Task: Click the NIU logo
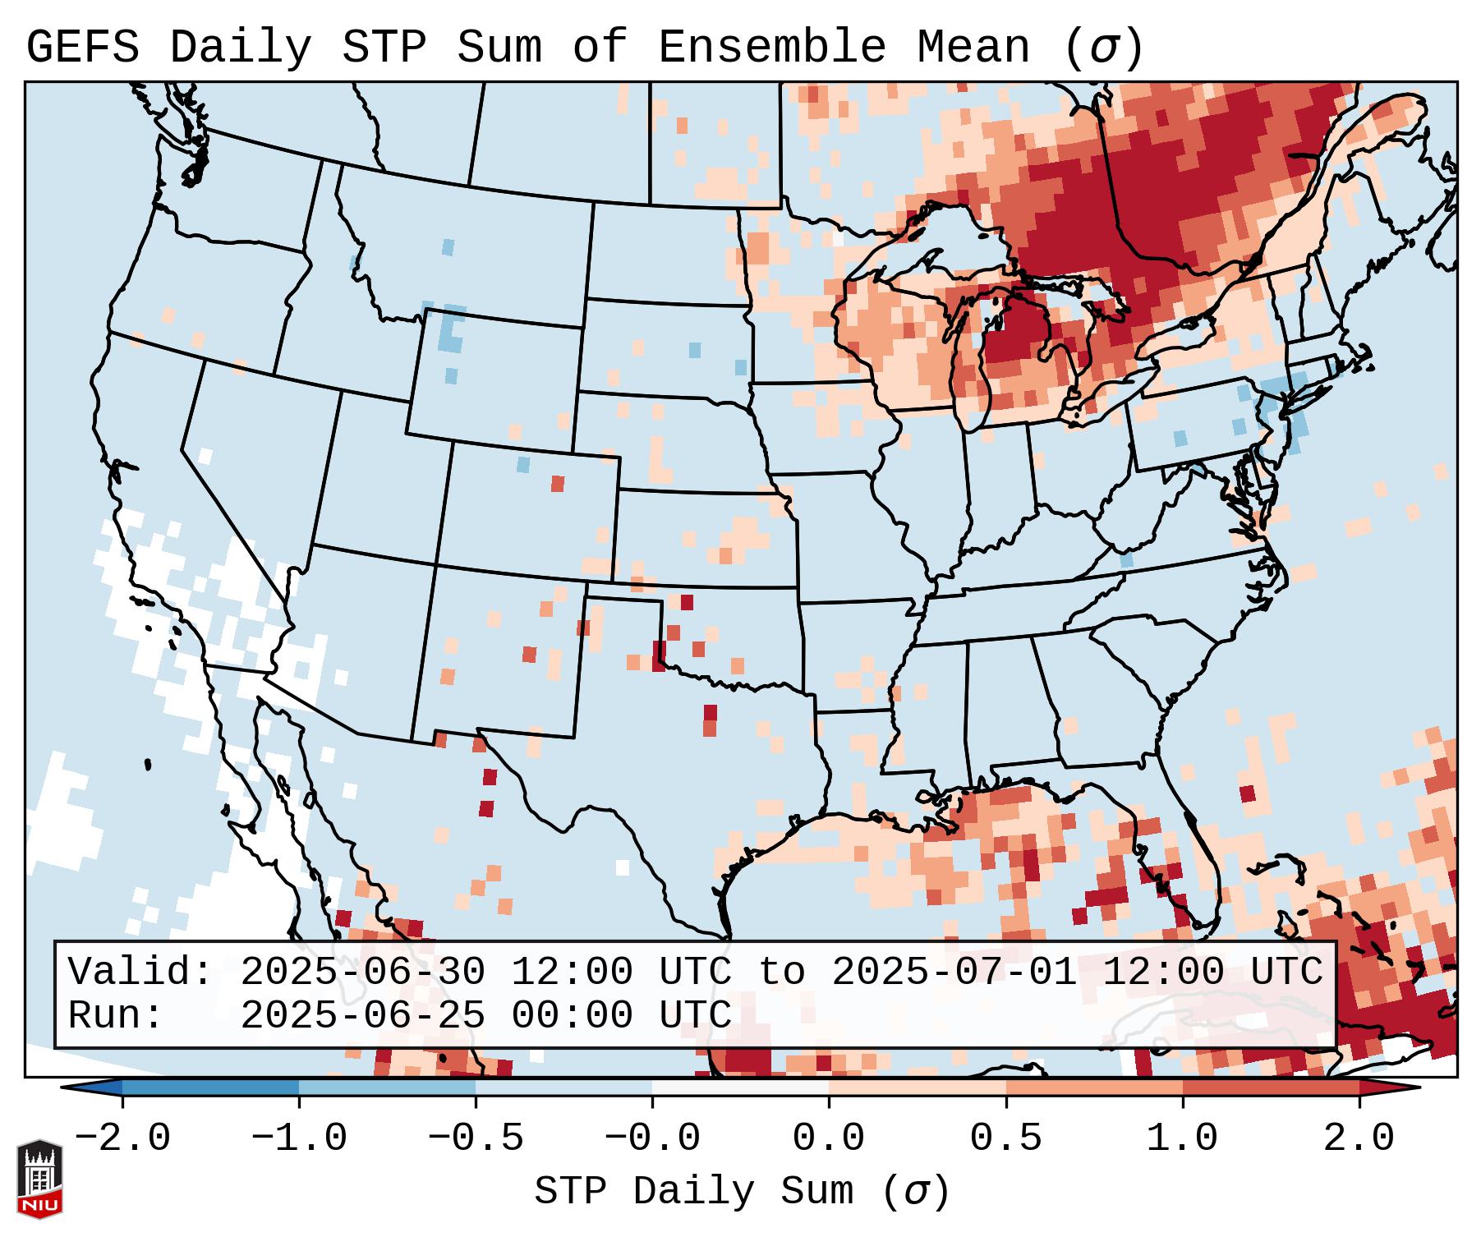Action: click(x=39, y=1178)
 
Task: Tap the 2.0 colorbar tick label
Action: click(x=1359, y=1138)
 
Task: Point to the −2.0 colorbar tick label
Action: click(x=122, y=1138)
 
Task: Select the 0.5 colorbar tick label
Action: click(x=1005, y=1138)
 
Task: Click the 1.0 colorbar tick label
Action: click(x=1182, y=1138)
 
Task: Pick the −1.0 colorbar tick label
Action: click(x=299, y=1138)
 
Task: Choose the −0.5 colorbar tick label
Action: click(x=476, y=1138)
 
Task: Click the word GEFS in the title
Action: click(x=83, y=47)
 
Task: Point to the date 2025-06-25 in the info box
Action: click(x=362, y=1015)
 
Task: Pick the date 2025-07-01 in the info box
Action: click(x=954, y=973)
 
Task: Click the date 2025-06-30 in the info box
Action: click(x=362, y=973)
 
